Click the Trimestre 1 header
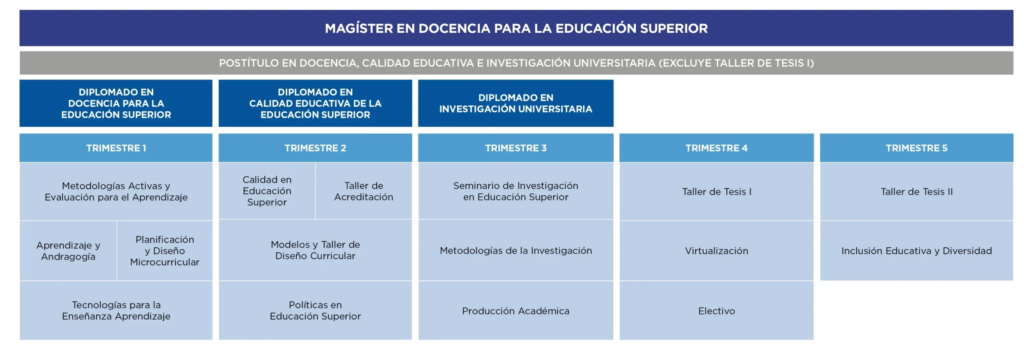click(x=116, y=148)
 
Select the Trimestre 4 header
click(x=716, y=148)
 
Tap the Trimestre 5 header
click(x=916, y=148)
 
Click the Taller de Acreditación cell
click(x=364, y=191)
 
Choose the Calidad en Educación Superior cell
click(x=267, y=191)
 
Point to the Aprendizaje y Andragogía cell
click(x=68, y=251)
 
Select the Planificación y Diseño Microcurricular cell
click(x=165, y=251)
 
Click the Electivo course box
click(x=716, y=311)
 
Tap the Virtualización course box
click(x=716, y=251)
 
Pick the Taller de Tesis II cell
click(x=916, y=192)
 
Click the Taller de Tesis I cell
click(x=716, y=192)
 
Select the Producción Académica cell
click(x=516, y=311)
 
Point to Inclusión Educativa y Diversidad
click(x=916, y=251)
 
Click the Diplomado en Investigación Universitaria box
click(x=516, y=103)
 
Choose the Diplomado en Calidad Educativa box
click(x=315, y=103)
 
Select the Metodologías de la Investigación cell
click(x=516, y=251)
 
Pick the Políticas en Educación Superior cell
click(x=315, y=310)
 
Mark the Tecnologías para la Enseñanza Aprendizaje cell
click(x=116, y=310)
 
